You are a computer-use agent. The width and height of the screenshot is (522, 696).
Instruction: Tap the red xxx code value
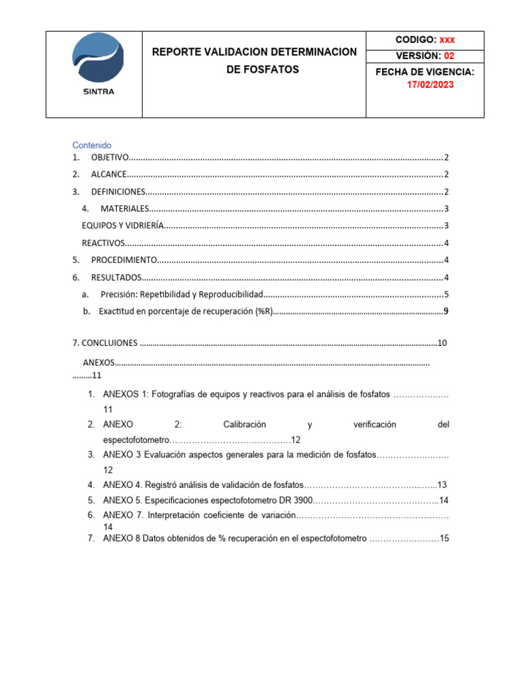pos(447,39)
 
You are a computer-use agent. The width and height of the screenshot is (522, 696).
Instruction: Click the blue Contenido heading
pos(92,145)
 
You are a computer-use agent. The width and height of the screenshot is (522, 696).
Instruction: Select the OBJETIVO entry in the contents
pos(109,158)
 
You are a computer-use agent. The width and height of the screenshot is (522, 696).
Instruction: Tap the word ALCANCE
pos(108,175)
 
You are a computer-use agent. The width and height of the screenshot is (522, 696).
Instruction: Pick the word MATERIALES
pos(124,209)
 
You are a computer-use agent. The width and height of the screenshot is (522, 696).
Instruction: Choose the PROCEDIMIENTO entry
pos(124,260)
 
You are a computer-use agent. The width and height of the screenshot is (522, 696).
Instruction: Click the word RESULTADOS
pos(116,277)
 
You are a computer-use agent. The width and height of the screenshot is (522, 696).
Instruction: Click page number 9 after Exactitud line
pos(445,311)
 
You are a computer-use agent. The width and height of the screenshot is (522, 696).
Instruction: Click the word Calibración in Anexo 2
pos(251,425)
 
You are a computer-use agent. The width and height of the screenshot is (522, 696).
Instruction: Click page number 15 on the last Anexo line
pos(445,538)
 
